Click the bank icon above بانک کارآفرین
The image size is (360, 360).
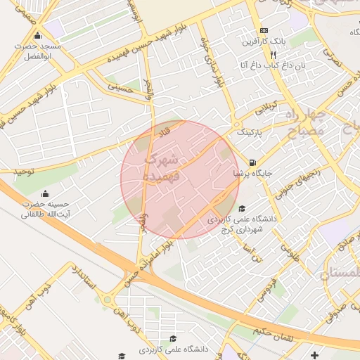pos(264,31)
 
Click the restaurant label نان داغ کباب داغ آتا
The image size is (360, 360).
pos(263,65)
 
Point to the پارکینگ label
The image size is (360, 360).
pos(253,131)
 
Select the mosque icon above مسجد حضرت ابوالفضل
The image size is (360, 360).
pos(37,37)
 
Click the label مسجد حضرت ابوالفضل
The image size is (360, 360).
pos(41,51)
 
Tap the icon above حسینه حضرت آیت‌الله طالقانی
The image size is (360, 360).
pos(46,194)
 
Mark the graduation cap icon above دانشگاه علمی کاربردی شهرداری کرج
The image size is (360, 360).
pos(242,208)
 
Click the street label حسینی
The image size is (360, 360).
pos(120,88)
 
